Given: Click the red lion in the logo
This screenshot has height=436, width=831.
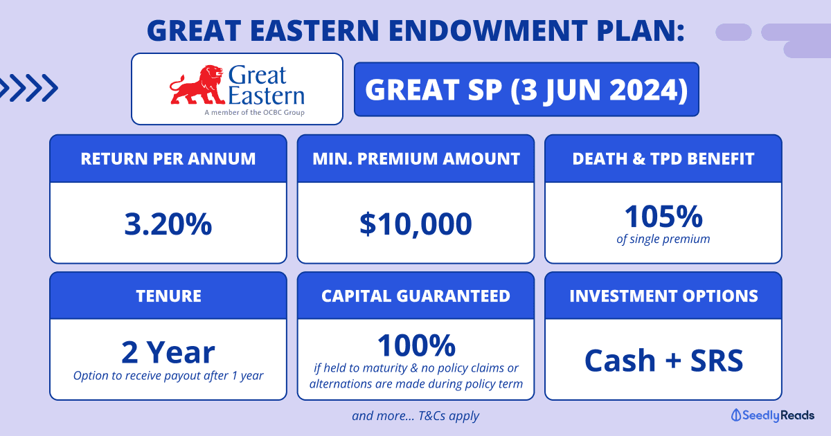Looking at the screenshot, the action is [197, 85].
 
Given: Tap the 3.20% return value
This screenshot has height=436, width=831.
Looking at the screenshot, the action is [168, 224].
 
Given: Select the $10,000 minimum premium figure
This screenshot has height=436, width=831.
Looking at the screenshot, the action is [415, 224].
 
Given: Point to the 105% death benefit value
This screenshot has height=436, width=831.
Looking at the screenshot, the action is [663, 216].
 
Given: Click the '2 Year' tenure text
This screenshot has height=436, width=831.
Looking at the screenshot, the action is [168, 352].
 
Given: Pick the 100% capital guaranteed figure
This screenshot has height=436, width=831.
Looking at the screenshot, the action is [416, 345].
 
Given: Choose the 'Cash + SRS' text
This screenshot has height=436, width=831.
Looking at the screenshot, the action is [663, 360].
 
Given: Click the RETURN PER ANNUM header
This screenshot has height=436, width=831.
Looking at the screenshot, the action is [168, 158].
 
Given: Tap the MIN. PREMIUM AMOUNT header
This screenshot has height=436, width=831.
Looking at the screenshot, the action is [416, 158].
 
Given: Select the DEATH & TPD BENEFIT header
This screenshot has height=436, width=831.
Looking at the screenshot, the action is [663, 158].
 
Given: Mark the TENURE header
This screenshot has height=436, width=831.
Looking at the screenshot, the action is [168, 296].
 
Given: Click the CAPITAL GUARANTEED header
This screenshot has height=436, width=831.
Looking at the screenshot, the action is [416, 296].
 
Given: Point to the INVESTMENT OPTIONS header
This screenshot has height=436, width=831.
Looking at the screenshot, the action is [663, 296].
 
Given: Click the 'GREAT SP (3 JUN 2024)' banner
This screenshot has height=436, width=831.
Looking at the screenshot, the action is [526, 89].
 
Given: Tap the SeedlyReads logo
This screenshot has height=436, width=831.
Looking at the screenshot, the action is [772, 415].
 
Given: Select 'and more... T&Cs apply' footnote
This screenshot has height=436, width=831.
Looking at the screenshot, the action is [415, 416].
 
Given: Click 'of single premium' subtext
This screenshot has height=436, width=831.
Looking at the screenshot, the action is [663, 239].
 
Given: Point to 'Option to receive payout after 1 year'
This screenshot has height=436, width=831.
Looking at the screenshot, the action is [168, 376].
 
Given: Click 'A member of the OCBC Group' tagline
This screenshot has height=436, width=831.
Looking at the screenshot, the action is [255, 112].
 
